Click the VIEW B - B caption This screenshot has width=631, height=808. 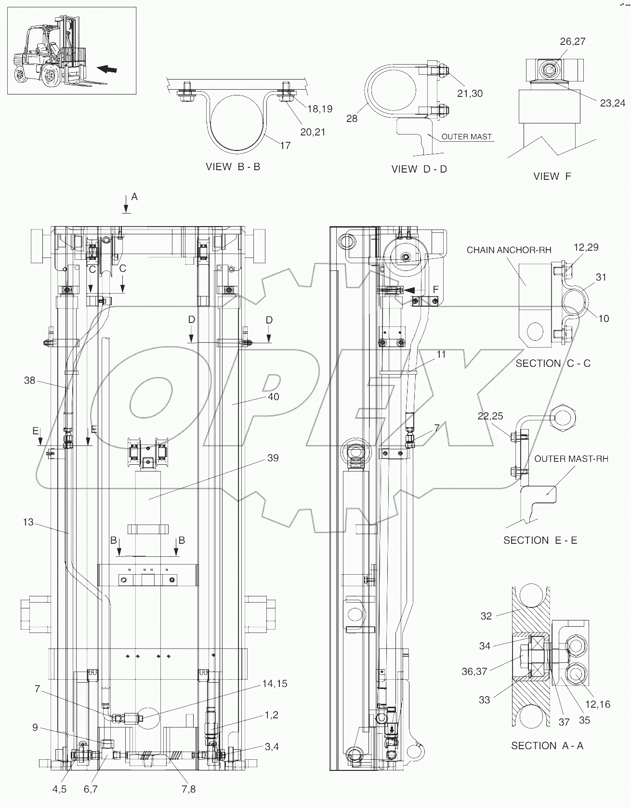pyautogui.click(x=233, y=167)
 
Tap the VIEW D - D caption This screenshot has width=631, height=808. pyautogui.click(x=419, y=169)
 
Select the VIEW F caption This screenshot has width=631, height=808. pyautogui.click(x=552, y=176)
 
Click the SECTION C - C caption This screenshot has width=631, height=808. pyautogui.click(x=553, y=363)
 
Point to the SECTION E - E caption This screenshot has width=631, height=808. pyautogui.click(x=540, y=540)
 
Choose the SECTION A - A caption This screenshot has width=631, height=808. pyautogui.click(x=547, y=745)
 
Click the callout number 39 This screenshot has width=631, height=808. pyautogui.click(x=273, y=458)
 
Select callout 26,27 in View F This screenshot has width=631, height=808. pyautogui.click(x=572, y=41)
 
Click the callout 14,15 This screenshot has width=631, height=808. pyautogui.click(x=275, y=684)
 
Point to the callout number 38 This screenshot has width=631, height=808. pyautogui.click(x=30, y=380)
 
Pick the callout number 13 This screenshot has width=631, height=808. pyautogui.click(x=28, y=522)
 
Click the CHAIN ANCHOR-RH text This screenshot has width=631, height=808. pyautogui.click(x=509, y=250)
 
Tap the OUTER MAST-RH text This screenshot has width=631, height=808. pyautogui.click(x=571, y=458)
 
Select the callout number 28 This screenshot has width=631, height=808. pyautogui.click(x=352, y=118)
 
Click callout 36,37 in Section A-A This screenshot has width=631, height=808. pyautogui.click(x=474, y=671)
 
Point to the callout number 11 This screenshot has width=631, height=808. pyautogui.click(x=441, y=354)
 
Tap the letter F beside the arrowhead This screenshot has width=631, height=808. pyautogui.click(x=436, y=289)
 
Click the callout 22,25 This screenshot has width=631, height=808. pyautogui.click(x=490, y=416)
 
